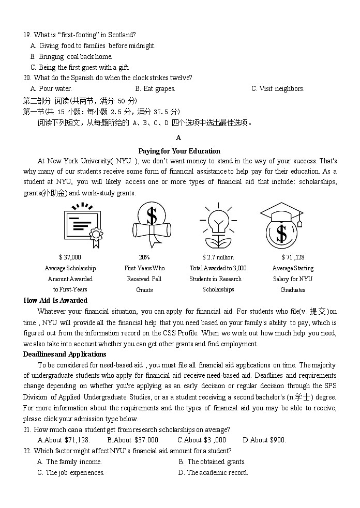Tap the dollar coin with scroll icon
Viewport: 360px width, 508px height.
(x=151, y=225)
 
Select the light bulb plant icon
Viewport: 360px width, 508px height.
(x=218, y=226)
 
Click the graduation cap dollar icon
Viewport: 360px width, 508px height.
(x=281, y=226)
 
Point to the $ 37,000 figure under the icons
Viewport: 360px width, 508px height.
(x=70, y=257)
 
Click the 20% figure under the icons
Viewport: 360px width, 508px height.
(x=144, y=257)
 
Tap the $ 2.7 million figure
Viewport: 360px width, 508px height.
(x=218, y=257)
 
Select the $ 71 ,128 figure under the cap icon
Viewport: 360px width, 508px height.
(x=293, y=257)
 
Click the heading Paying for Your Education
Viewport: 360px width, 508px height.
(x=179, y=151)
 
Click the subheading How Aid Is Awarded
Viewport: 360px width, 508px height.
(x=55, y=300)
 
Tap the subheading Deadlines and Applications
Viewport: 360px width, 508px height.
(x=65, y=354)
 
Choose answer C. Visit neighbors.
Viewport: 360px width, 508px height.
(x=278, y=89)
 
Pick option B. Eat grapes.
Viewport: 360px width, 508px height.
(x=155, y=89)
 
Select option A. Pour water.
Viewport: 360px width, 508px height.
(x=51, y=89)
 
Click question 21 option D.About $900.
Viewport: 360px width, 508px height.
(x=264, y=440)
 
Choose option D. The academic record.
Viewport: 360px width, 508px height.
(x=213, y=472)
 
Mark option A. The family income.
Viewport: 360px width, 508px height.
(x=69, y=461)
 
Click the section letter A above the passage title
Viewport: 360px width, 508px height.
(x=178, y=137)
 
